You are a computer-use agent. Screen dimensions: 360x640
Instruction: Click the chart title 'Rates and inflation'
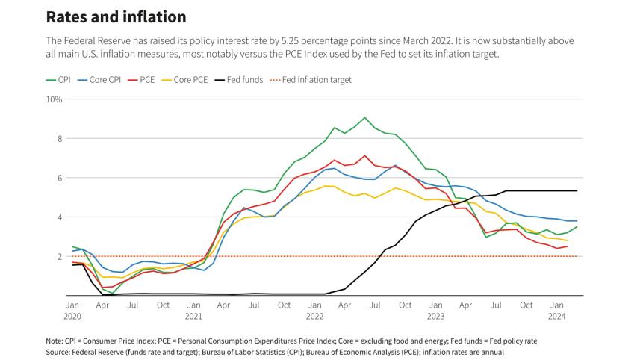(x=116, y=16)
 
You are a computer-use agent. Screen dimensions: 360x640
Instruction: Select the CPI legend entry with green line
(x=58, y=79)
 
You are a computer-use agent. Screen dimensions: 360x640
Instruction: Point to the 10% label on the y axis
(x=55, y=99)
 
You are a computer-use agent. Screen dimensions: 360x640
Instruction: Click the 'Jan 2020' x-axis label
(x=72, y=311)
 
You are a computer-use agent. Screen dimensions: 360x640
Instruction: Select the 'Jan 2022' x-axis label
(x=314, y=311)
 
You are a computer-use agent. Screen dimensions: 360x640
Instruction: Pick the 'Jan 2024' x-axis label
(x=556, y=311)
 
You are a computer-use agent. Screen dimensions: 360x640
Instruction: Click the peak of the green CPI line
(x=364, y=117)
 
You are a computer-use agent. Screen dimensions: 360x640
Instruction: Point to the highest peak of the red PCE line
(x=364, y=156)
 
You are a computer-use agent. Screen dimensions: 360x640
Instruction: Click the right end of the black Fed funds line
(x=577, y=190)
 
